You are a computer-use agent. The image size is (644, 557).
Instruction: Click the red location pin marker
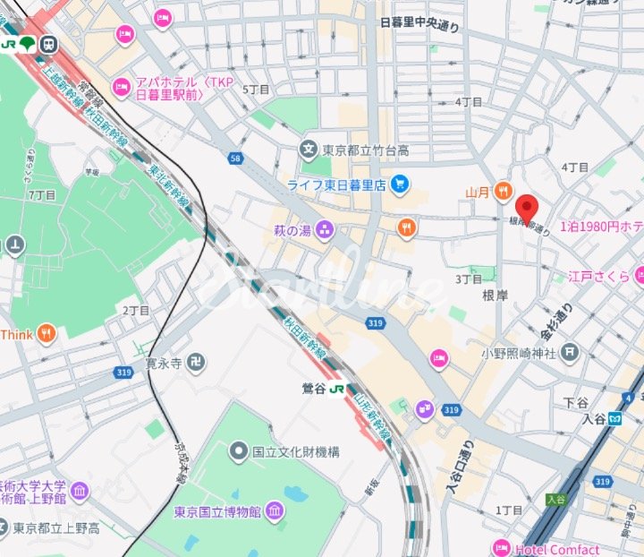527,209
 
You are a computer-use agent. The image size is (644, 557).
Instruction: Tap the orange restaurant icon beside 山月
504,191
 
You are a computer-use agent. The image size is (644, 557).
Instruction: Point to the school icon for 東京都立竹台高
309,149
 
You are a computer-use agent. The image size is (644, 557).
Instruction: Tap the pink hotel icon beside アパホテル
122,88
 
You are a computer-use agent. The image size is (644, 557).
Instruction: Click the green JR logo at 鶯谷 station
336,389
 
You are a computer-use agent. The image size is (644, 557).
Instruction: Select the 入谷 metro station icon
615,418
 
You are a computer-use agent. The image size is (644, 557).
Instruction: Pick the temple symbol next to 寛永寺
197,363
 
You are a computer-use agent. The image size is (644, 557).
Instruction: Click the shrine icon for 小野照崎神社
569,353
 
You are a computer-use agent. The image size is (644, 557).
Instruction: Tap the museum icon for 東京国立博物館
274,512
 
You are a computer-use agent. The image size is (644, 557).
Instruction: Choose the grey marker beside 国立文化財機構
238,451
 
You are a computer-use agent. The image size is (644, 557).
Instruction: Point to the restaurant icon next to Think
47,335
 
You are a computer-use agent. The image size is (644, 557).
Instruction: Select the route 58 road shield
235,159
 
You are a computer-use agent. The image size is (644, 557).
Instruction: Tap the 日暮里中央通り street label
419,25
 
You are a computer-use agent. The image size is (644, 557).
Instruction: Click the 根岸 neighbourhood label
495,294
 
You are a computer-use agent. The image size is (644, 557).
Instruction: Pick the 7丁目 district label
42,194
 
